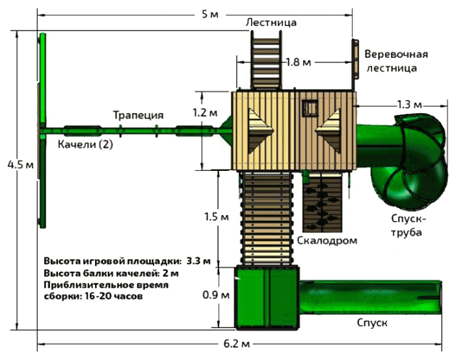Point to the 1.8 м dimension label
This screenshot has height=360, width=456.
pyautogui.click(x=299, y=62)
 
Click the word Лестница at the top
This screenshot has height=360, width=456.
pyautogui.click(x=271, y=23)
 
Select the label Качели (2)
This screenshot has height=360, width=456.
pyautogui.click(x=85, y=144)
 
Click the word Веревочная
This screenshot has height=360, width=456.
pyautogui.click(x=396, y=53)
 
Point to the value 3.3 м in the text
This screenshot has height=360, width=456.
pyautogui.click(x=198, y=262)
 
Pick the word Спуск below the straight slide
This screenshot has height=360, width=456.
pyautogui.click(x=371, y=322)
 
